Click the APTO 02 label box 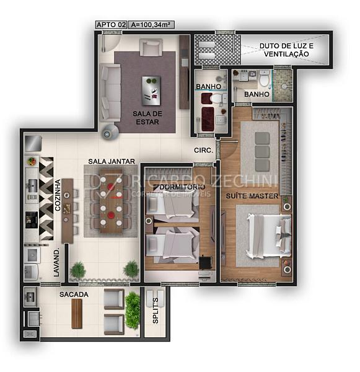pos(112,25)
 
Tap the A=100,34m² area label pos(151,25)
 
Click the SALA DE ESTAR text pos(147,118)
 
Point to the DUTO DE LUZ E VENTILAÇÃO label pos(286,50)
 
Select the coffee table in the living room pos(151,91)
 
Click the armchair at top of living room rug pos(151,48)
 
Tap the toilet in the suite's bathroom pos(264,78)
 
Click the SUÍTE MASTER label pos(252,196)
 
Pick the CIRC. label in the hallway pos(203,150)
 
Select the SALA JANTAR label pos(112,161)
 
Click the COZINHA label pos(58,195)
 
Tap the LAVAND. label pos(56,263)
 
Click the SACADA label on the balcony pos(74,294)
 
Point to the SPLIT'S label pos(156,311)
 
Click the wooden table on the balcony pos(77,313)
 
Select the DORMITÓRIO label pos(182,187)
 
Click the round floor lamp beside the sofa pos(110,133)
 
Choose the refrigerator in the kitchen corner pos(33,143)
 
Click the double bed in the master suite pos(269,236)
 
